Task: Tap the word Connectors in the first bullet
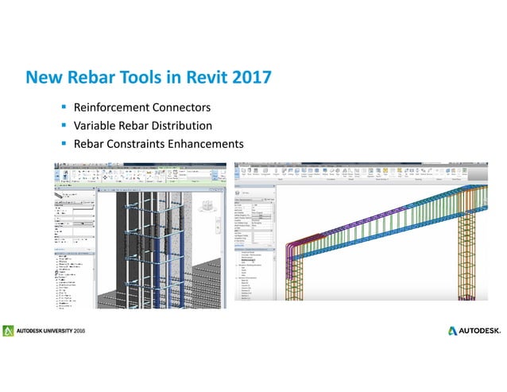point(184,107)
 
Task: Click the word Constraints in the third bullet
point(138,144)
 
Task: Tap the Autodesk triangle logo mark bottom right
point(452,330)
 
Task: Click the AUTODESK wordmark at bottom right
point(481,330)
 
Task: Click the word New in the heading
point(41,78)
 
